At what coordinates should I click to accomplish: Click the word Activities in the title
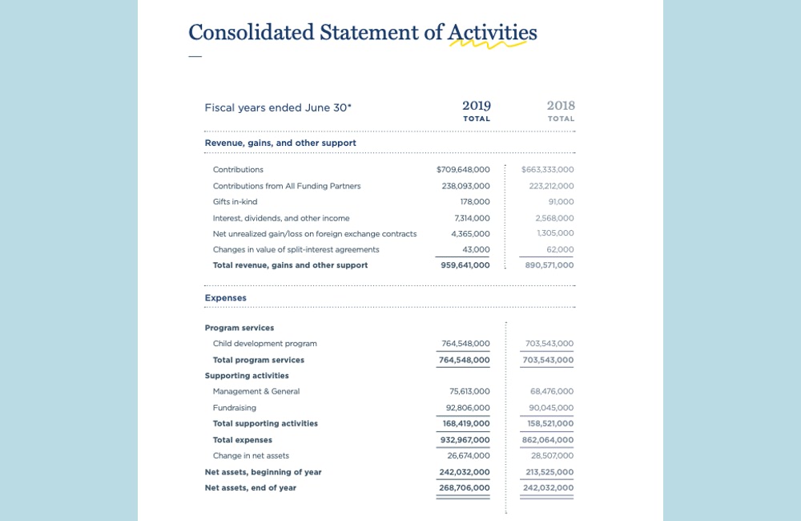(492, 32)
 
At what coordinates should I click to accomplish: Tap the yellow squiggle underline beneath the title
(487, 45)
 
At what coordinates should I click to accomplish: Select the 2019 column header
(477, 106)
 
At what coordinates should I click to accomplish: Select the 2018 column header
(561, 106)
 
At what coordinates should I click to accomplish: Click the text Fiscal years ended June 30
(278, 107)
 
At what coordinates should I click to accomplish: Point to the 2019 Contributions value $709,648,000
(463, 170)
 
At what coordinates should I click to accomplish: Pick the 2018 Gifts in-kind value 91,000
(561, 202)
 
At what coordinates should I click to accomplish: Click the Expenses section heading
(226, 298)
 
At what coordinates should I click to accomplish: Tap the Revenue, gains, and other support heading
(280, 143)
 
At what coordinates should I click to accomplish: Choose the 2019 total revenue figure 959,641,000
(465, 265)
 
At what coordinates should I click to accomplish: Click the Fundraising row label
(235, 408)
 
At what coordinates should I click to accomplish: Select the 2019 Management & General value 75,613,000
(469, 392)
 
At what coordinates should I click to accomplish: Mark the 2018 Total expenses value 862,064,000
(548, 440)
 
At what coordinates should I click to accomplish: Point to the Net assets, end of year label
(250, 488)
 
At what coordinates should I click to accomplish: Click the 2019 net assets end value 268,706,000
(465, 488)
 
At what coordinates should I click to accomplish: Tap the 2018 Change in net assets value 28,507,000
(552, 456)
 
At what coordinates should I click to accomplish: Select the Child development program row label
(264, 344)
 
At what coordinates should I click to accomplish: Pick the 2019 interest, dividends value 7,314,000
(472, 218)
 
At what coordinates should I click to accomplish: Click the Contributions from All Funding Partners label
(287, 186)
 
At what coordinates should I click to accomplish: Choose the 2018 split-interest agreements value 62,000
(561, 250)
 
